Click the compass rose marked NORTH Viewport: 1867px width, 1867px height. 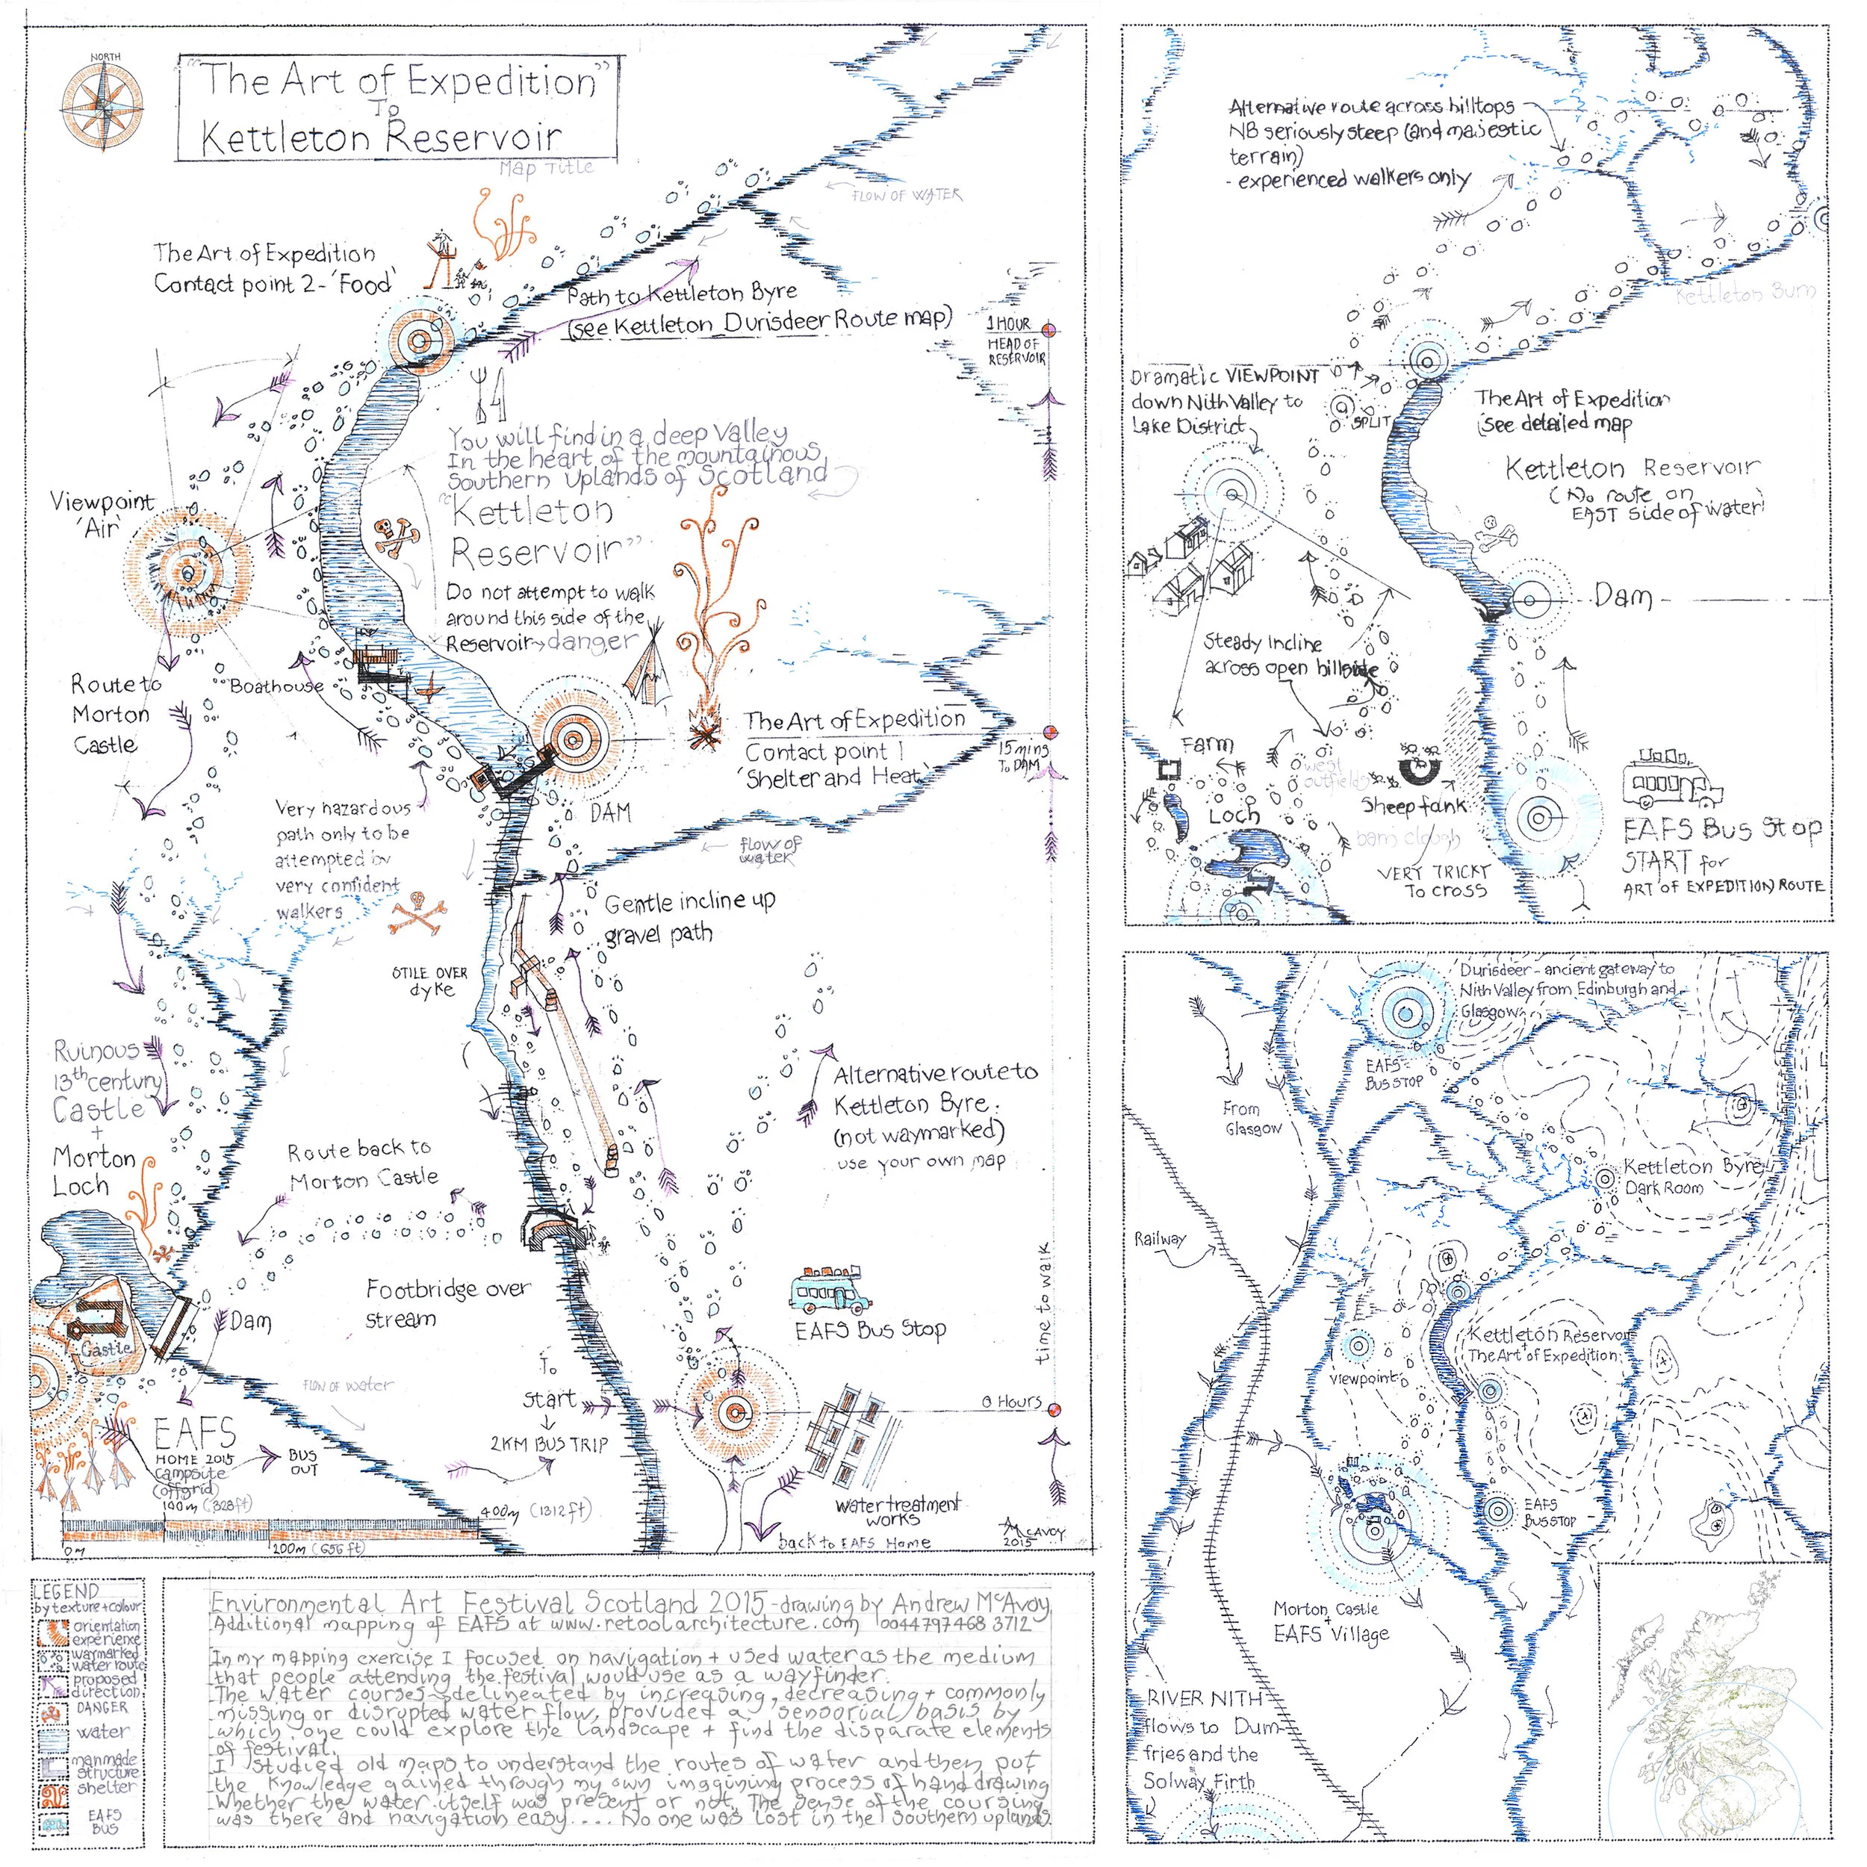pos(103,105)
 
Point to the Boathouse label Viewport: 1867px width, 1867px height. pos(276,686)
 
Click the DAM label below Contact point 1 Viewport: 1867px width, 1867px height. pos(610,813)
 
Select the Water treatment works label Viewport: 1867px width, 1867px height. pos(898,1512)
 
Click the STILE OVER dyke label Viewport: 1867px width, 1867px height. pos(430,981)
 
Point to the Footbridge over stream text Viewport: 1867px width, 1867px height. pos(448,1304)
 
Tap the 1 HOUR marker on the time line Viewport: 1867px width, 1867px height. pos(1008,323)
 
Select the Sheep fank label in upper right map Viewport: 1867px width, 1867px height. pos(1414,805)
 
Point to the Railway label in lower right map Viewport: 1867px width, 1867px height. pos(1160,1239)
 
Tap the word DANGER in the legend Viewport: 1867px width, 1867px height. pos(102,1707)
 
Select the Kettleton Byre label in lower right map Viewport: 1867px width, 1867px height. pos(1690,1167)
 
